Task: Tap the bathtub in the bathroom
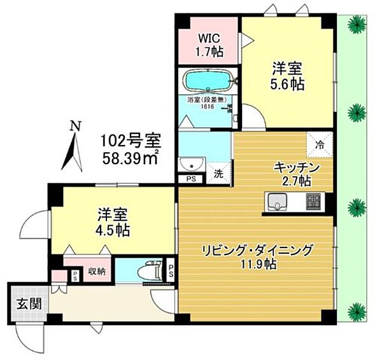pyautogui.click(x=208, y=81)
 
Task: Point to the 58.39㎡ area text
pyautogui.click(x=132, y=156)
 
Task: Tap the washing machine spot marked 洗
pyautogui.click(x=218, y=172)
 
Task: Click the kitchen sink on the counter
pyautogui.click(x=278, y=204)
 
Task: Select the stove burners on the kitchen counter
pyautogui.click(x=315, y=204)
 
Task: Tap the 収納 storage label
pyautogui.click(x=95, y=272)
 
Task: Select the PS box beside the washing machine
pyautogui.click(x=190, y=180)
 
